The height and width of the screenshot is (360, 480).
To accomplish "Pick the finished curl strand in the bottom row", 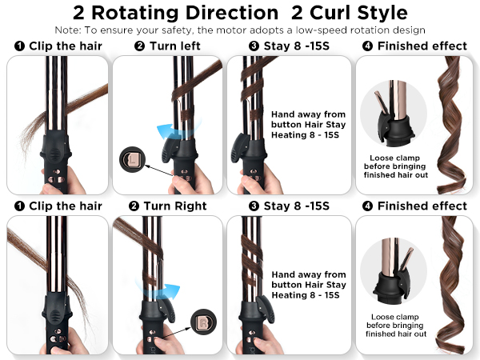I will click(x=453, y=284).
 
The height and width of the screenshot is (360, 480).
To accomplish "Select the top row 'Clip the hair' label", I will click(x=66, y=46).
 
